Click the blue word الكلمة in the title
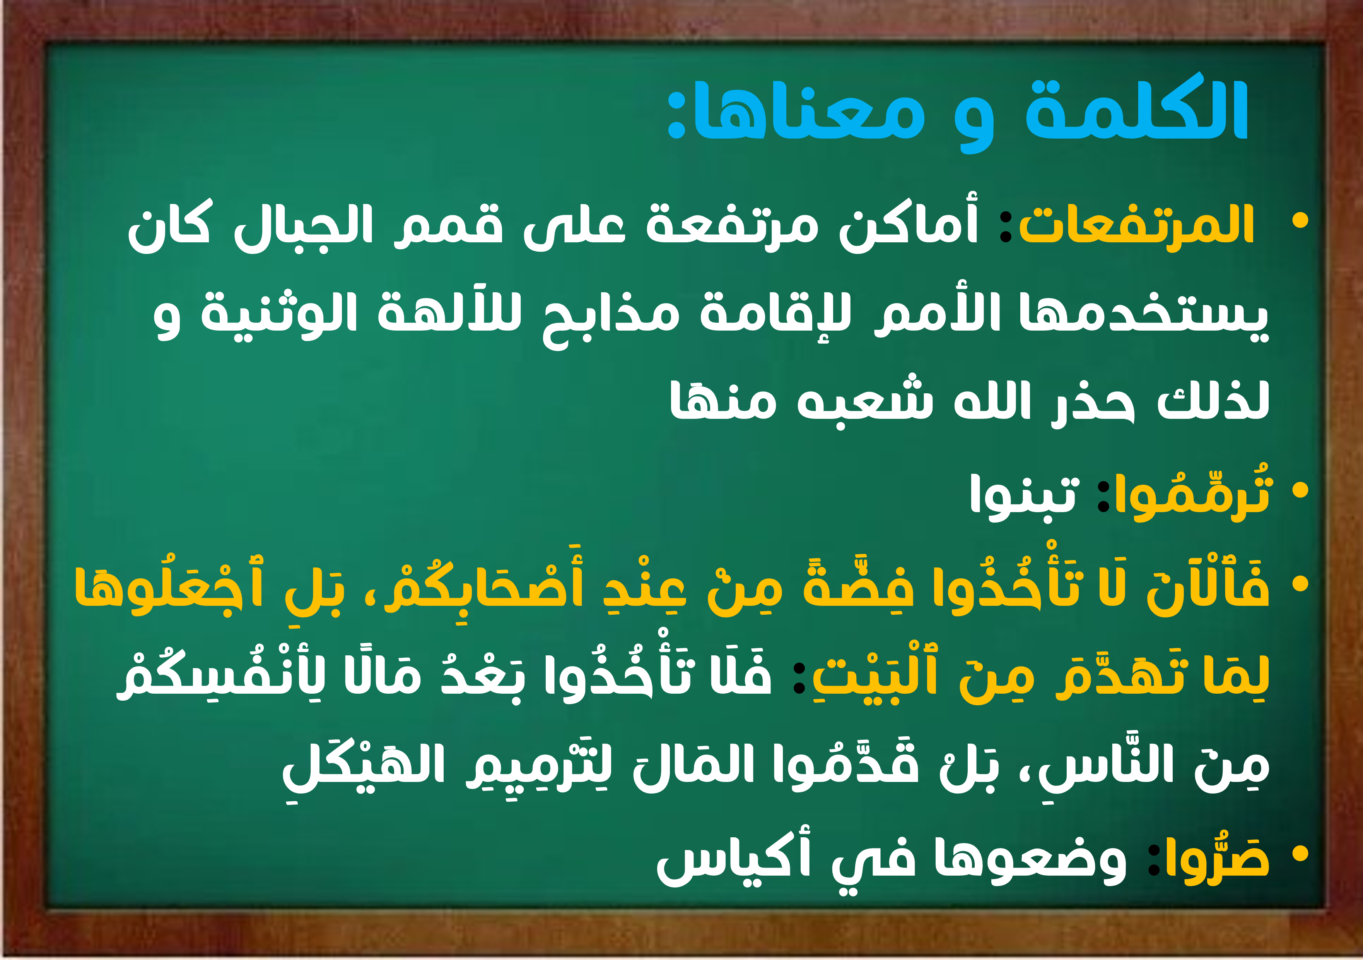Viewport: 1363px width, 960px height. click(x=1136, y=110)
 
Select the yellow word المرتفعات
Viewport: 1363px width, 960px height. click(x=1136, y=225)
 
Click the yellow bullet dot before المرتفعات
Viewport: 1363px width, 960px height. click(x=1300, y=221)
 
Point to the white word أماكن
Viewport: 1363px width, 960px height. click(x=908, y=225)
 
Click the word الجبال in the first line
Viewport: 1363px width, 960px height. click(x=303, y=227)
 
